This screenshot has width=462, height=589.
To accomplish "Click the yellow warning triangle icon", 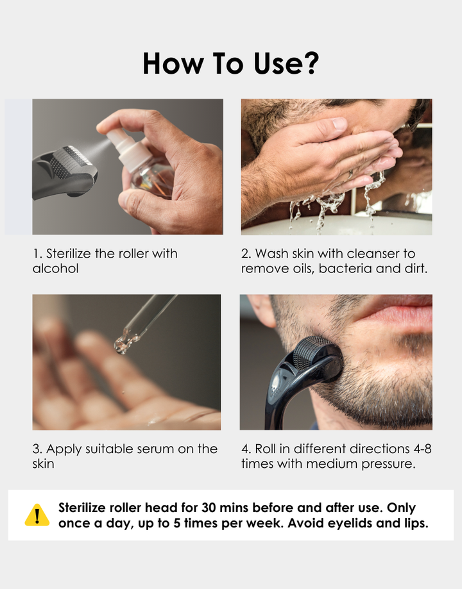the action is click(37, 515).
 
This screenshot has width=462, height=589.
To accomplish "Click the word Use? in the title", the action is click(286, 63).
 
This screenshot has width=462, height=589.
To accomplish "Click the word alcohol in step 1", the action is click(55, 269).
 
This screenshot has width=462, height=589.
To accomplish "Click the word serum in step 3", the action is click(155, 449).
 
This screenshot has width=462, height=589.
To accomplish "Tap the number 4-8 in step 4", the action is click(422, 449).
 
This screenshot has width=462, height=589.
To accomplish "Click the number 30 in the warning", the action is click(209, 508).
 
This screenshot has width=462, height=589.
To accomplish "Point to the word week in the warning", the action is click(267, 523).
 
